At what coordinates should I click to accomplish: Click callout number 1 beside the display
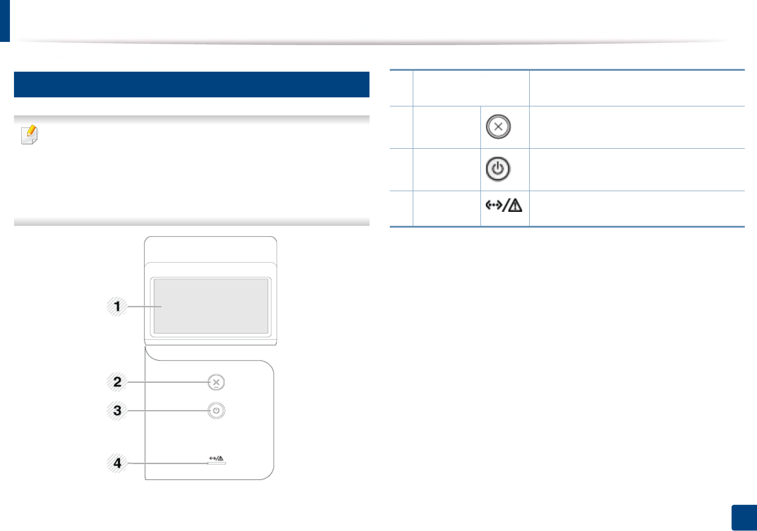[x=117, y=307]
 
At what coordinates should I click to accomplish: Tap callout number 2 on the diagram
[x=117, y=382]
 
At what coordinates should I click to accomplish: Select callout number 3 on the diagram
[x=117, y=411]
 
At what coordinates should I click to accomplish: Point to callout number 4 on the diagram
[x=117, y=463]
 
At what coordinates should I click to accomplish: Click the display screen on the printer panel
[x=211, y=306]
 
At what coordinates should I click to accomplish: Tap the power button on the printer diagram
[x=217, y=411]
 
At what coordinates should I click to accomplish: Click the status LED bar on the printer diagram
[x=217, y=463]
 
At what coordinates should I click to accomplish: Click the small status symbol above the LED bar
[x=216, y=458]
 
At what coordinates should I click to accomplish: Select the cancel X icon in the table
[x=498, y=127]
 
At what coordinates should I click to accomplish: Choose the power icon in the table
[x=498, y=169]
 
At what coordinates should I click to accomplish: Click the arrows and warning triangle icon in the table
[x=503, y=206]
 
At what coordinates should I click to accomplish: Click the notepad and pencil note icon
[x=30, y=135]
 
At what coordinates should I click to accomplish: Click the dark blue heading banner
[x=191, y=84]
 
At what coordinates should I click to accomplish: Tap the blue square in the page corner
[x=743, y=517]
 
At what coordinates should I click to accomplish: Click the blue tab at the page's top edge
[x=5, y=21]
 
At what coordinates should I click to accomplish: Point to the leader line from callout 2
[x=167, y=382]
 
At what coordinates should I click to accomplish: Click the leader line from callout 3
[x=167, y=411]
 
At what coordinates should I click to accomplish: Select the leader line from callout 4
[x=167, y=463]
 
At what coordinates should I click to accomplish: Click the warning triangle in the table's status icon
[x=514, y=206]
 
